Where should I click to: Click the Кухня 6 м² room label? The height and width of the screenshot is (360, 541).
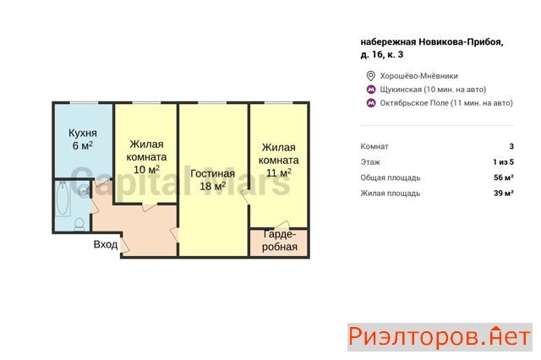tap(83, 139)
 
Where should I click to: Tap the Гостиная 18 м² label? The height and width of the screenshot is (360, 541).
tap(212, 180)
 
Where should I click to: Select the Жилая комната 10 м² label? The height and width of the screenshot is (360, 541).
tap(146, 156)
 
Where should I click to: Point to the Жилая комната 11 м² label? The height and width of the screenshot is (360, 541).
tap(278, 160)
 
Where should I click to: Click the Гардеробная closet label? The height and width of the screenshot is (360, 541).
tap(279, 241)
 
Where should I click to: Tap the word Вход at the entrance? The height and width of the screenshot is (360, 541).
tap(106, 244)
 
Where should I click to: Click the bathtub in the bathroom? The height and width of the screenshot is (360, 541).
tap(63, 199)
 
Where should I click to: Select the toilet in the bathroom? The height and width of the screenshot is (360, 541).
tap(79, 224)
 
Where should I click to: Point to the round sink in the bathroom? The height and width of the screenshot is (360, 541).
tap(84, 191)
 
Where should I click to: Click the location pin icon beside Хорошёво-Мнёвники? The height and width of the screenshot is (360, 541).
tap(370, 76)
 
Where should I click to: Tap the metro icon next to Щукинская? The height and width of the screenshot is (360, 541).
tap(371, 90)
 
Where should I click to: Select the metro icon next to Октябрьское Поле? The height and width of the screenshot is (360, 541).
tap(371, 103)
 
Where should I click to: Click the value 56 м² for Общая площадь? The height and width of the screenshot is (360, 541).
tap(504, 177)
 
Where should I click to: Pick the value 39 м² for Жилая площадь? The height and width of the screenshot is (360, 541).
tap(504, 194)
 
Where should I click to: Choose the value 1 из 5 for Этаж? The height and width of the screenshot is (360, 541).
tap(504, 162)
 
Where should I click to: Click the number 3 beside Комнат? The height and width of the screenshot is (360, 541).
tap(511, 146)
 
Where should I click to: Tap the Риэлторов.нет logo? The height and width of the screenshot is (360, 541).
tap(440, 337)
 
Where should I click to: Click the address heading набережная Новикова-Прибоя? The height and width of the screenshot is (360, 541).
tap(432, 42)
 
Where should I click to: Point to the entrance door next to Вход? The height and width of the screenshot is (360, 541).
tap(125, 244)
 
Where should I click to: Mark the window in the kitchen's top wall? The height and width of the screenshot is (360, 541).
tap(84, 103)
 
